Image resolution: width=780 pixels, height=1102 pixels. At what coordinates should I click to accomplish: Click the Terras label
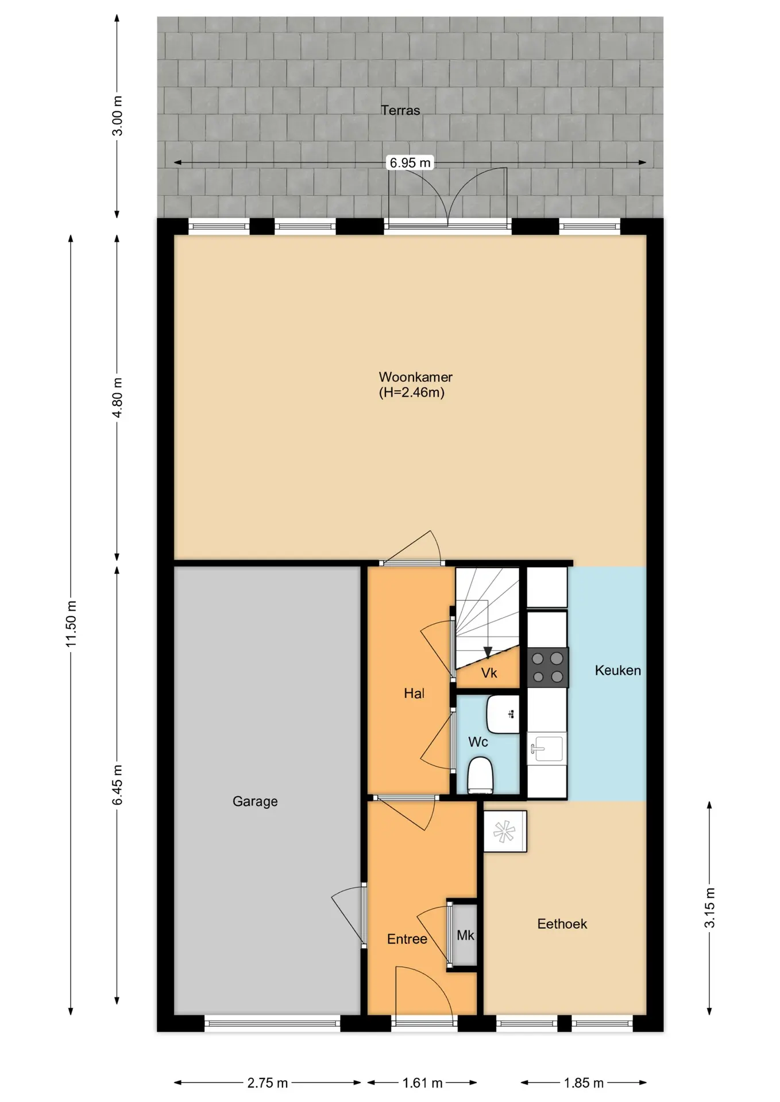pos(400,110)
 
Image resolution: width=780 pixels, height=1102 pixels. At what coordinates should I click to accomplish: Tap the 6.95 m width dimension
pos(410,162)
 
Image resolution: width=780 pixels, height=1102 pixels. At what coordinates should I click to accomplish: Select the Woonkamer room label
pos(415,377)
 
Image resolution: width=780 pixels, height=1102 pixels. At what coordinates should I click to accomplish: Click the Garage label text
pos(255,801)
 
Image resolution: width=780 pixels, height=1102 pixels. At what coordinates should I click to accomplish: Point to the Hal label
pos(414,693)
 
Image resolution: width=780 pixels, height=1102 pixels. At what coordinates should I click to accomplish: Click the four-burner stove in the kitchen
pos(547,668)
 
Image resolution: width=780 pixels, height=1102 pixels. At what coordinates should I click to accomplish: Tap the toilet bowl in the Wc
pos(481,775)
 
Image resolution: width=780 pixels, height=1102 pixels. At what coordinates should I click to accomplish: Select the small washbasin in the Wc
pos(503,715)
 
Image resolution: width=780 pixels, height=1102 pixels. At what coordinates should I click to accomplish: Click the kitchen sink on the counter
pos(547,748)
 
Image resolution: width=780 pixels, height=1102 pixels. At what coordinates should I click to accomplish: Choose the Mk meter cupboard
pos(465,936)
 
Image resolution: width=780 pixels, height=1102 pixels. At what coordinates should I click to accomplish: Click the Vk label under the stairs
pos(489,673)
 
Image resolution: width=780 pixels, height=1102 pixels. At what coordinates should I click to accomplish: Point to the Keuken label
pos(617,670)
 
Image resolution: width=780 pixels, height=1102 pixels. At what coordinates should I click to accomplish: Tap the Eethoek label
pos(562,924)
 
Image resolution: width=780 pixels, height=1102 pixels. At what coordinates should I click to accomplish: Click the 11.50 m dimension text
pos(71,624)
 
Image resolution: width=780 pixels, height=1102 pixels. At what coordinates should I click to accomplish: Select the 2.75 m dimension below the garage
pos(268,1083)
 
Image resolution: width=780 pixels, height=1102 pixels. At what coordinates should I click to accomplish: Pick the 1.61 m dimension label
pos(422,1083)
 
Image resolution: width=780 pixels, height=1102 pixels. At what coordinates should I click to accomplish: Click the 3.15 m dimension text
pos(710,907)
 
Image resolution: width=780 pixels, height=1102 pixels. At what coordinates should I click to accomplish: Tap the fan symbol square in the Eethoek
pos(505,831)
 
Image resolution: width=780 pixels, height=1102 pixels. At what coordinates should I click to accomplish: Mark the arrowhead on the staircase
pos(488,652)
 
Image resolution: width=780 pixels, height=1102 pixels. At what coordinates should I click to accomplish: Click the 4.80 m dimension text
pos(117,398)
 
